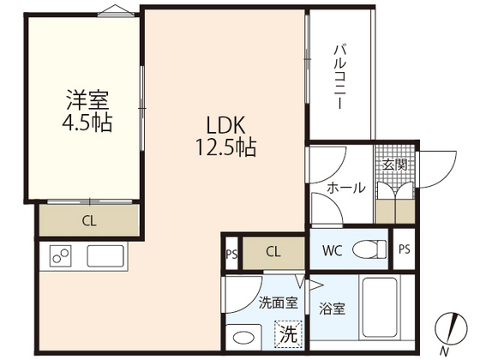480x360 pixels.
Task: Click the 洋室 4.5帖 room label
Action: (89, 110)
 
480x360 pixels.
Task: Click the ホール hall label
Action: (346, 188)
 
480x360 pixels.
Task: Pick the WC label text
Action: (334, 250)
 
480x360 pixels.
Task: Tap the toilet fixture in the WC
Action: (370, 249)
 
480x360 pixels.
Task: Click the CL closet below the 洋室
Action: (88, 220)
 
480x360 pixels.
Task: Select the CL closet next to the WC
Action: (273, 251)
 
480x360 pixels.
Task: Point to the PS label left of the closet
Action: (231, 253)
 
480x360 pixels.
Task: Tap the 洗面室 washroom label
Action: (278, 302)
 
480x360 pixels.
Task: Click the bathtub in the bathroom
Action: (387, 308)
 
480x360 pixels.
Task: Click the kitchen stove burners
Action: (62, 256)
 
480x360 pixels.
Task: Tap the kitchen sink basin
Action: (106, 256)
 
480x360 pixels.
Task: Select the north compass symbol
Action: (449, 331)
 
